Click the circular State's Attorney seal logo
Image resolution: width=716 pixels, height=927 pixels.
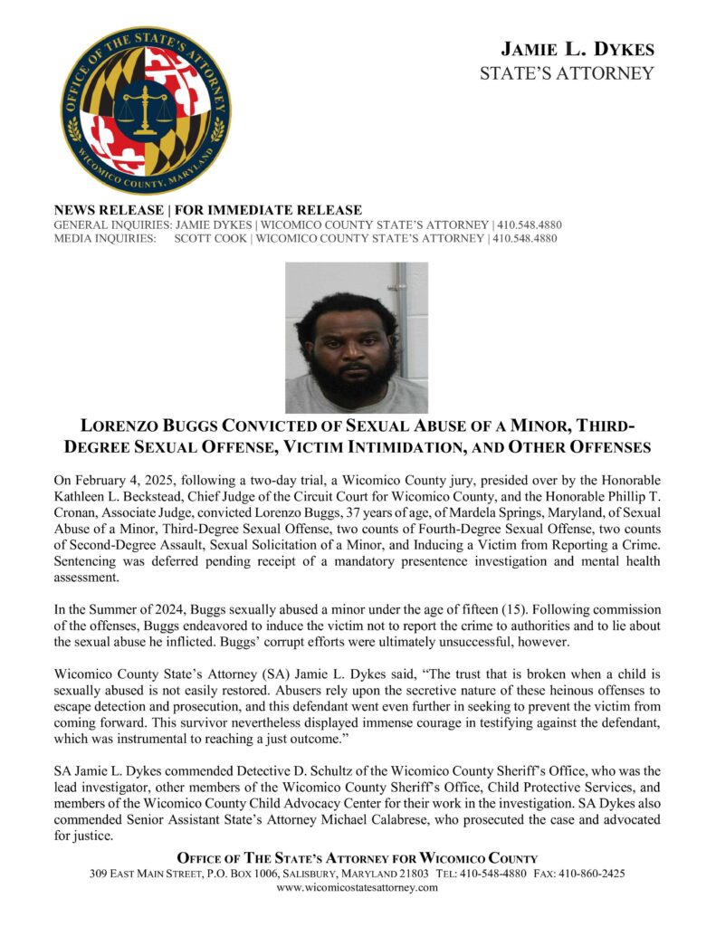pos(146,110)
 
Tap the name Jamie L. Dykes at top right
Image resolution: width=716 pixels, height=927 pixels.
pos(578,49)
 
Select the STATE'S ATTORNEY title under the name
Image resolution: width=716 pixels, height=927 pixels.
pos(567,74)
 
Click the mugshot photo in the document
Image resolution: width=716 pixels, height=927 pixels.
pos(356,338)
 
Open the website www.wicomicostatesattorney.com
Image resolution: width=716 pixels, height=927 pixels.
pos(357,888)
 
